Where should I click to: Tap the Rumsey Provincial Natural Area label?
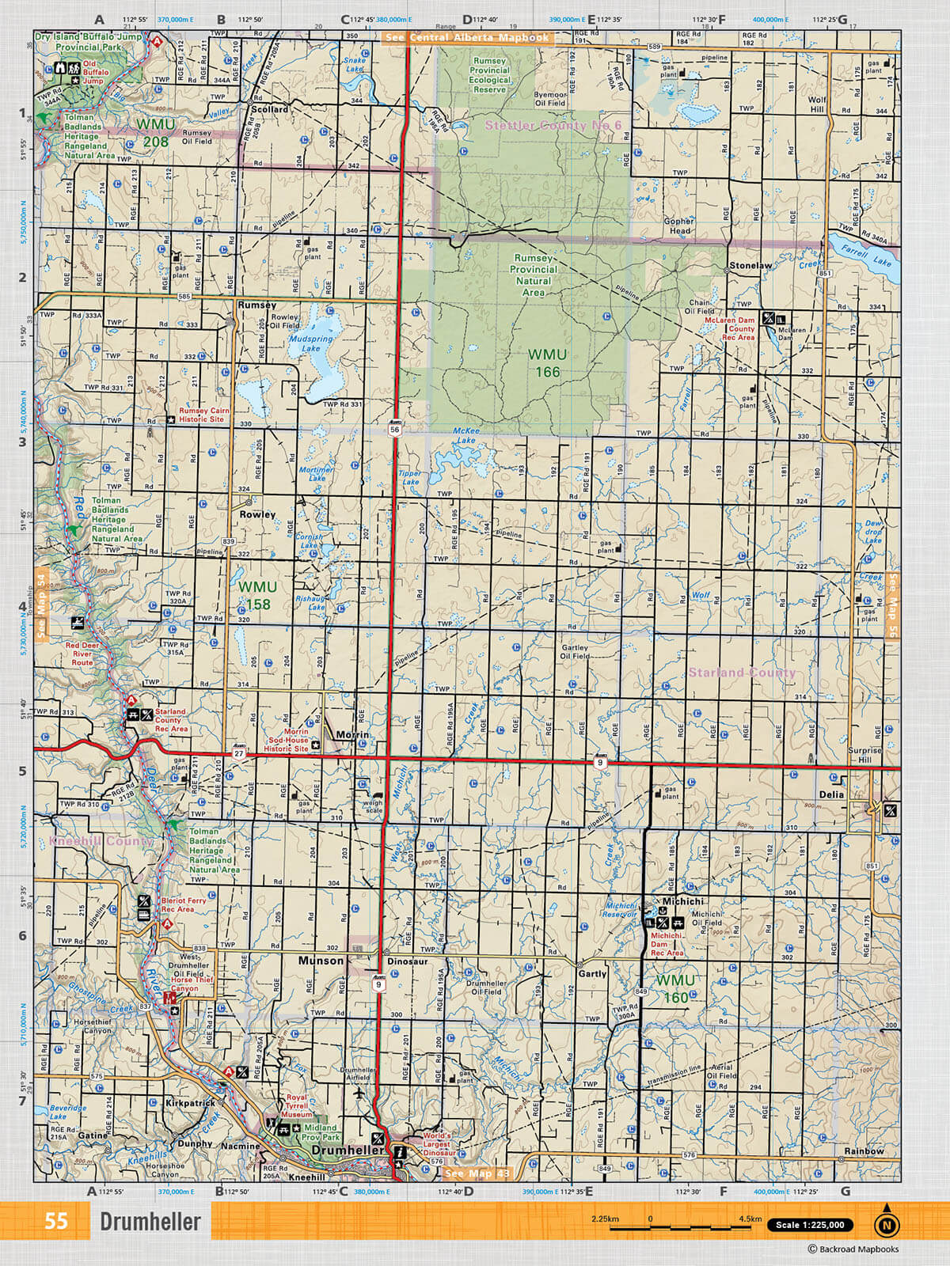(x=534, y=275)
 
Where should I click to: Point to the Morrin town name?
(x=352, y=735)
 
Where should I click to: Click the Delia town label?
(x=831, y=794)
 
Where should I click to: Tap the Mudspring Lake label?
(x=311, y=343)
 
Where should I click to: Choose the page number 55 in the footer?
(x=56, y=1221)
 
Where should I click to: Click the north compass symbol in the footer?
(x=887, y=1223)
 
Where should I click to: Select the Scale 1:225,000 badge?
(x=810, y=1225)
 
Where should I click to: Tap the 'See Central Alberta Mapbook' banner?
(x=466, y=37)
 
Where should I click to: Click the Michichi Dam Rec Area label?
(x=667, y=944)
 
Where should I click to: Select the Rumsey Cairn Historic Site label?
(x=204, y=415)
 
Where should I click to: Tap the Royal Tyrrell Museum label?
(x=297, y=1106)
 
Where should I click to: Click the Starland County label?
(x=742, y=673)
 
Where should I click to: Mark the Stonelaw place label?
(x=750, y=266)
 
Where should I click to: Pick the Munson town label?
(x=321, y=961)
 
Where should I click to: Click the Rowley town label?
(x=257, y=514)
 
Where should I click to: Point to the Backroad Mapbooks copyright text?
(x=853, y=1249)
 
